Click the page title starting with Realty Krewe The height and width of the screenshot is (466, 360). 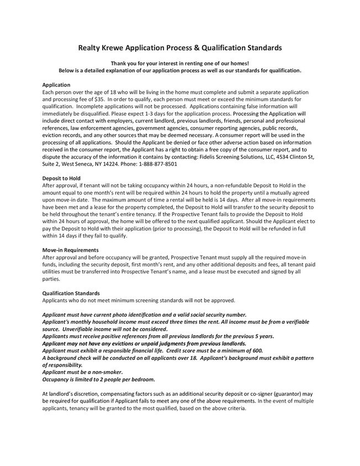179,48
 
